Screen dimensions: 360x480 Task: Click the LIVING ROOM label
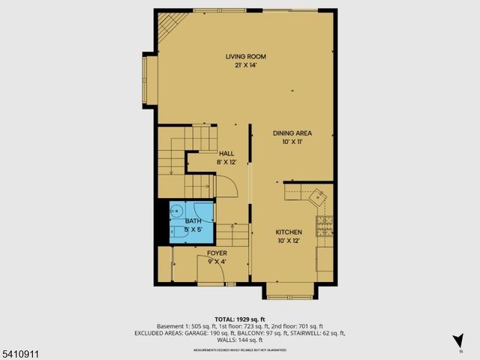(x=246, y=56)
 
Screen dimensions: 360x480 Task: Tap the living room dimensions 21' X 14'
(x=246, y=65)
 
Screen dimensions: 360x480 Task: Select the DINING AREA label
(x=292, y=133)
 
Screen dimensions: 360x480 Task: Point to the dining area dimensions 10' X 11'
(x=292, y=142)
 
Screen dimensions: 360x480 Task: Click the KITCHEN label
(x=289, y=232)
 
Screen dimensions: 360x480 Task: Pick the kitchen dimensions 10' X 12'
(x=289, y=241)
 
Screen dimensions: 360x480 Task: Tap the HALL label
(x=226, y=153)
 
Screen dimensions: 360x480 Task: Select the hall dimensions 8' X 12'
(x=226, y=161)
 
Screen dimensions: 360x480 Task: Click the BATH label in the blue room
(x=193, y=221)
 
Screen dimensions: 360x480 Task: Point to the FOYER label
(x=217, y=253)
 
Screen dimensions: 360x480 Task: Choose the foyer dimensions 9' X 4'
(x=217, y=262)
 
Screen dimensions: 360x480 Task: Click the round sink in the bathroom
(x=176, y=211)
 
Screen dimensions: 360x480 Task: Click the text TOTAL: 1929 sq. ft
(x=239, y=319)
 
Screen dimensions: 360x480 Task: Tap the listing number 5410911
(x=19, y=352)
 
